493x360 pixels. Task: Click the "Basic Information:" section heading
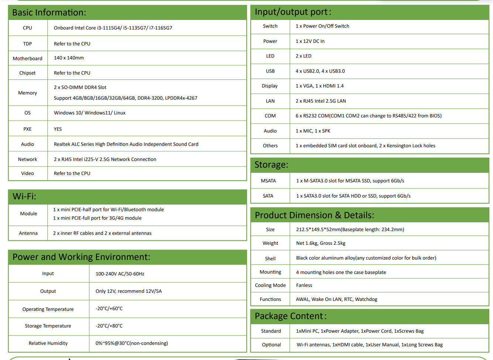pyautogui.click(x=49, y=13)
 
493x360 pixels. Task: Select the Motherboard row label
pyautogui.click(x=28, y=58)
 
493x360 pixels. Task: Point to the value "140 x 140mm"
pyautogui.click(x=69, y=58)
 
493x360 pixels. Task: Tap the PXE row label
pyautogui.click(x=27, y=129)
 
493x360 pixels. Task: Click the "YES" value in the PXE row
pyautogui.click(x=58, y=129)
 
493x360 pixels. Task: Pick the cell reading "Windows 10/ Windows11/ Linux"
pyautogui.click(x=90, y=113)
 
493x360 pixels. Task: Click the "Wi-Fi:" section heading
pyautogui.click(x=24, y=196)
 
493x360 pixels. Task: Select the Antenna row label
pyautogui.click(x=28, y=233)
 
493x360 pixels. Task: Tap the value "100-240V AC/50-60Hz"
pyautogui.click(x=120, y=274)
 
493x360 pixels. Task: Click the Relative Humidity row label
pyautogui.click(x=48, y=343)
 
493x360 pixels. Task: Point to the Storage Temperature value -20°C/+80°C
pyautogui.click(x=109, y=326)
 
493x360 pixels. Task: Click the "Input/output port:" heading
pyautogui.click(x=293, y=12)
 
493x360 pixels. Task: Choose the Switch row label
pyautogui.click(x=270, y=26)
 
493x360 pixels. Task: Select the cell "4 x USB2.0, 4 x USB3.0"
pyautogui.click(x=320, y=71)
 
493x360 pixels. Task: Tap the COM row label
pyautogui.click(x=270, y=116)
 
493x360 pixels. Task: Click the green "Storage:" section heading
pyautogui.click(x=271, y=165)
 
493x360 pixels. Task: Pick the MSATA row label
pyautogui.click(x=268, y=181)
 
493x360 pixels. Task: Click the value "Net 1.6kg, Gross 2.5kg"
pyautogui.click(x=321, y=243)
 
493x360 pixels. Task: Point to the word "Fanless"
pyautogui.click(x=304, y=285)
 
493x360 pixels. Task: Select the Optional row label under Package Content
pyautogui.click(x=271, y=345)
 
